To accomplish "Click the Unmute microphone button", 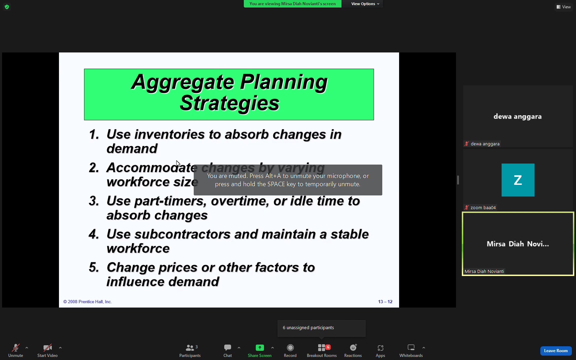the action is click(x=15, y=350).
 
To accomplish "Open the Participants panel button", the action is click(x=190, y=350).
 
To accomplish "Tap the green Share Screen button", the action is click(x=260, y=350).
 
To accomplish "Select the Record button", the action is click(x=290, y=350).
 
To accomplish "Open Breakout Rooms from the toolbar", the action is click(x=322, y=350).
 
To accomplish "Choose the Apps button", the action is click(x=380, y=350).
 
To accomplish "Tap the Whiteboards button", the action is click(x=411, y=350).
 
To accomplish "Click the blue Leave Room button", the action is click(x=556, y=350).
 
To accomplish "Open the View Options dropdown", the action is click(x=365, y=4).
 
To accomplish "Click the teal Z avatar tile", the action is click(x=518, y=180).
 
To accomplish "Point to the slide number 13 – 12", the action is click(x=385, y=302).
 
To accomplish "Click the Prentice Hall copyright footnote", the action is click(x=87, y=302).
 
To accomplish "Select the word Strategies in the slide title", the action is click(x=229, y=104).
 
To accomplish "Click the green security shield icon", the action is click(x=7, y=7).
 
